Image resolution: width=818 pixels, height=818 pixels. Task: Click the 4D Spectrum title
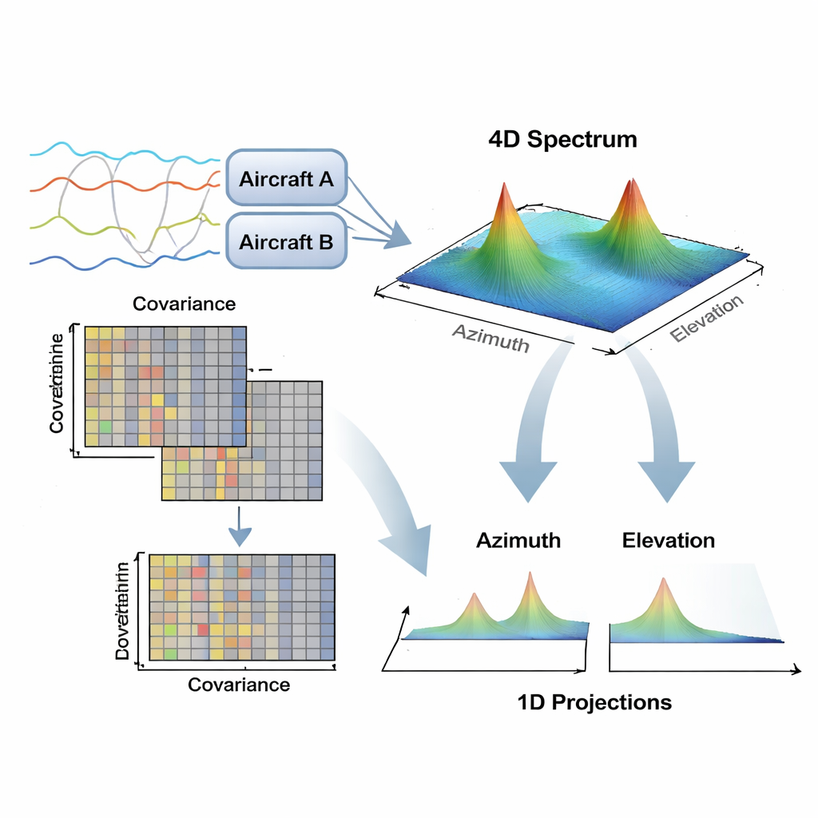[x=562, y=140]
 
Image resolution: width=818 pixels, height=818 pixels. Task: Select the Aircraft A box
[x=286, y=178]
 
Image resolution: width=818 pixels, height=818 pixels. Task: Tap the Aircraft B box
[x=286, y=240]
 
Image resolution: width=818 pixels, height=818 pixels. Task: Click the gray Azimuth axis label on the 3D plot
[x=490, y=337]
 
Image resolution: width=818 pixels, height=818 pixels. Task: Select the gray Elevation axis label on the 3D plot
[x=706, y=319]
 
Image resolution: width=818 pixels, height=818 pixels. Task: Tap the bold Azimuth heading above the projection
[x=518, y=540]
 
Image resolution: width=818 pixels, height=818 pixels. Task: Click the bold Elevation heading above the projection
[x=668, y=540]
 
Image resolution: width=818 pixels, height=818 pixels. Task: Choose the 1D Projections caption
[x=594, y=702]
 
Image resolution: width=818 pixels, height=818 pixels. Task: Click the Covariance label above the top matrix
[x=184, y=304]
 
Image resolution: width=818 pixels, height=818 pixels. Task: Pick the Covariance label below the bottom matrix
[x=238, y=685]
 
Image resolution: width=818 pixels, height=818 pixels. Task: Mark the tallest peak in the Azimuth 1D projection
[x=529, y=574]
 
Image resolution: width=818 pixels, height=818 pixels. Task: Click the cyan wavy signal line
[x=120, y=152]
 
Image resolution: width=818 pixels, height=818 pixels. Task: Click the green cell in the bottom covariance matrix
[x=169, y=654]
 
